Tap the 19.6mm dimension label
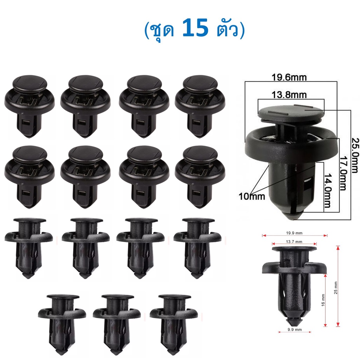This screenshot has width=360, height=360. pos(289,77)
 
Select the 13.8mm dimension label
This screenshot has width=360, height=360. pos(289,95)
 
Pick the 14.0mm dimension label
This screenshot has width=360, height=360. pos(328,191)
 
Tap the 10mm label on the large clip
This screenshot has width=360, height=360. pos(252,196)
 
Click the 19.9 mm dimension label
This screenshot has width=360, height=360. pos(294,233)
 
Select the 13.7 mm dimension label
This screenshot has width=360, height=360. pos(294,242)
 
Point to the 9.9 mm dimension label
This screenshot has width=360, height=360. pos(295,329)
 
